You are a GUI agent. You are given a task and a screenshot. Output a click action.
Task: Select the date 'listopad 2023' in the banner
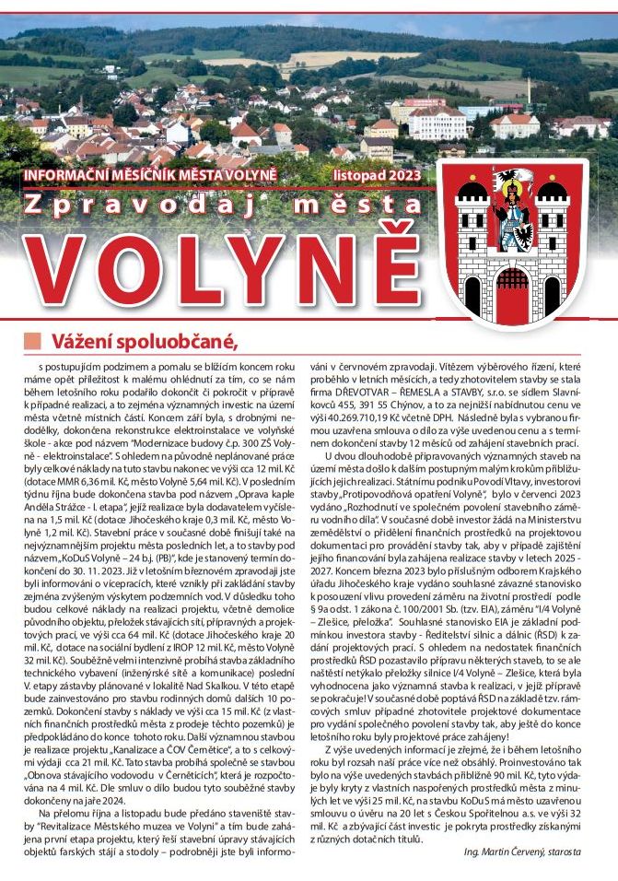[x=386, y=173]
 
